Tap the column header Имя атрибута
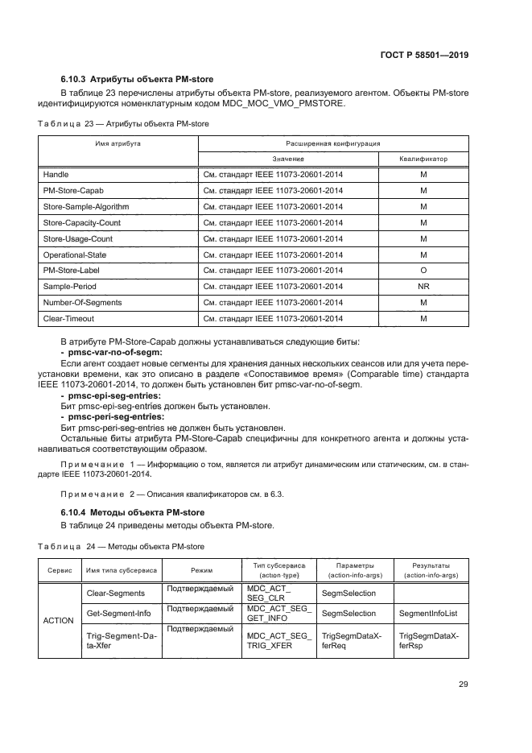(118, 143)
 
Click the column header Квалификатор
(423, 159)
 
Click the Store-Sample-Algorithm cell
(85, 206)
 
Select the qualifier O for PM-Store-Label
(423, 270)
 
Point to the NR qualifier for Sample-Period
(423, 286)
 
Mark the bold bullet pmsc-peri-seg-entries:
(113, 416)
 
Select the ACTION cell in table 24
(58, 620)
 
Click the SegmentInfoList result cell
(428, 614)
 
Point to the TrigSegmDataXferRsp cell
(428, 641)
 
